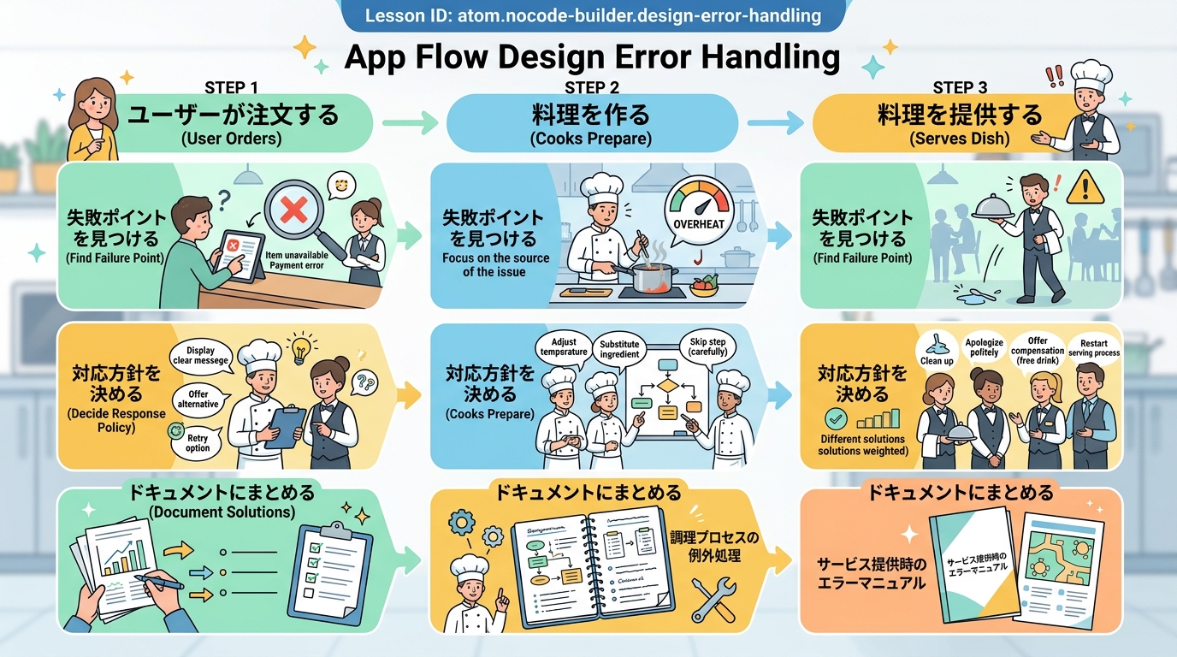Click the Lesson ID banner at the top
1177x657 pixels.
click(593, 15)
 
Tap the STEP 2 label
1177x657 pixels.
click(592, 87)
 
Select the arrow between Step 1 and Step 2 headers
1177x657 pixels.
click(408, 124)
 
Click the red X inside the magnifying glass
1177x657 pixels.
click(293, 208)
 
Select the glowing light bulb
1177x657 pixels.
click(300, 347)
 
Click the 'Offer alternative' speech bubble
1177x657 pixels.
click(198, 399)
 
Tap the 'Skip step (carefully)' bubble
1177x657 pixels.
click(707, 346)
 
